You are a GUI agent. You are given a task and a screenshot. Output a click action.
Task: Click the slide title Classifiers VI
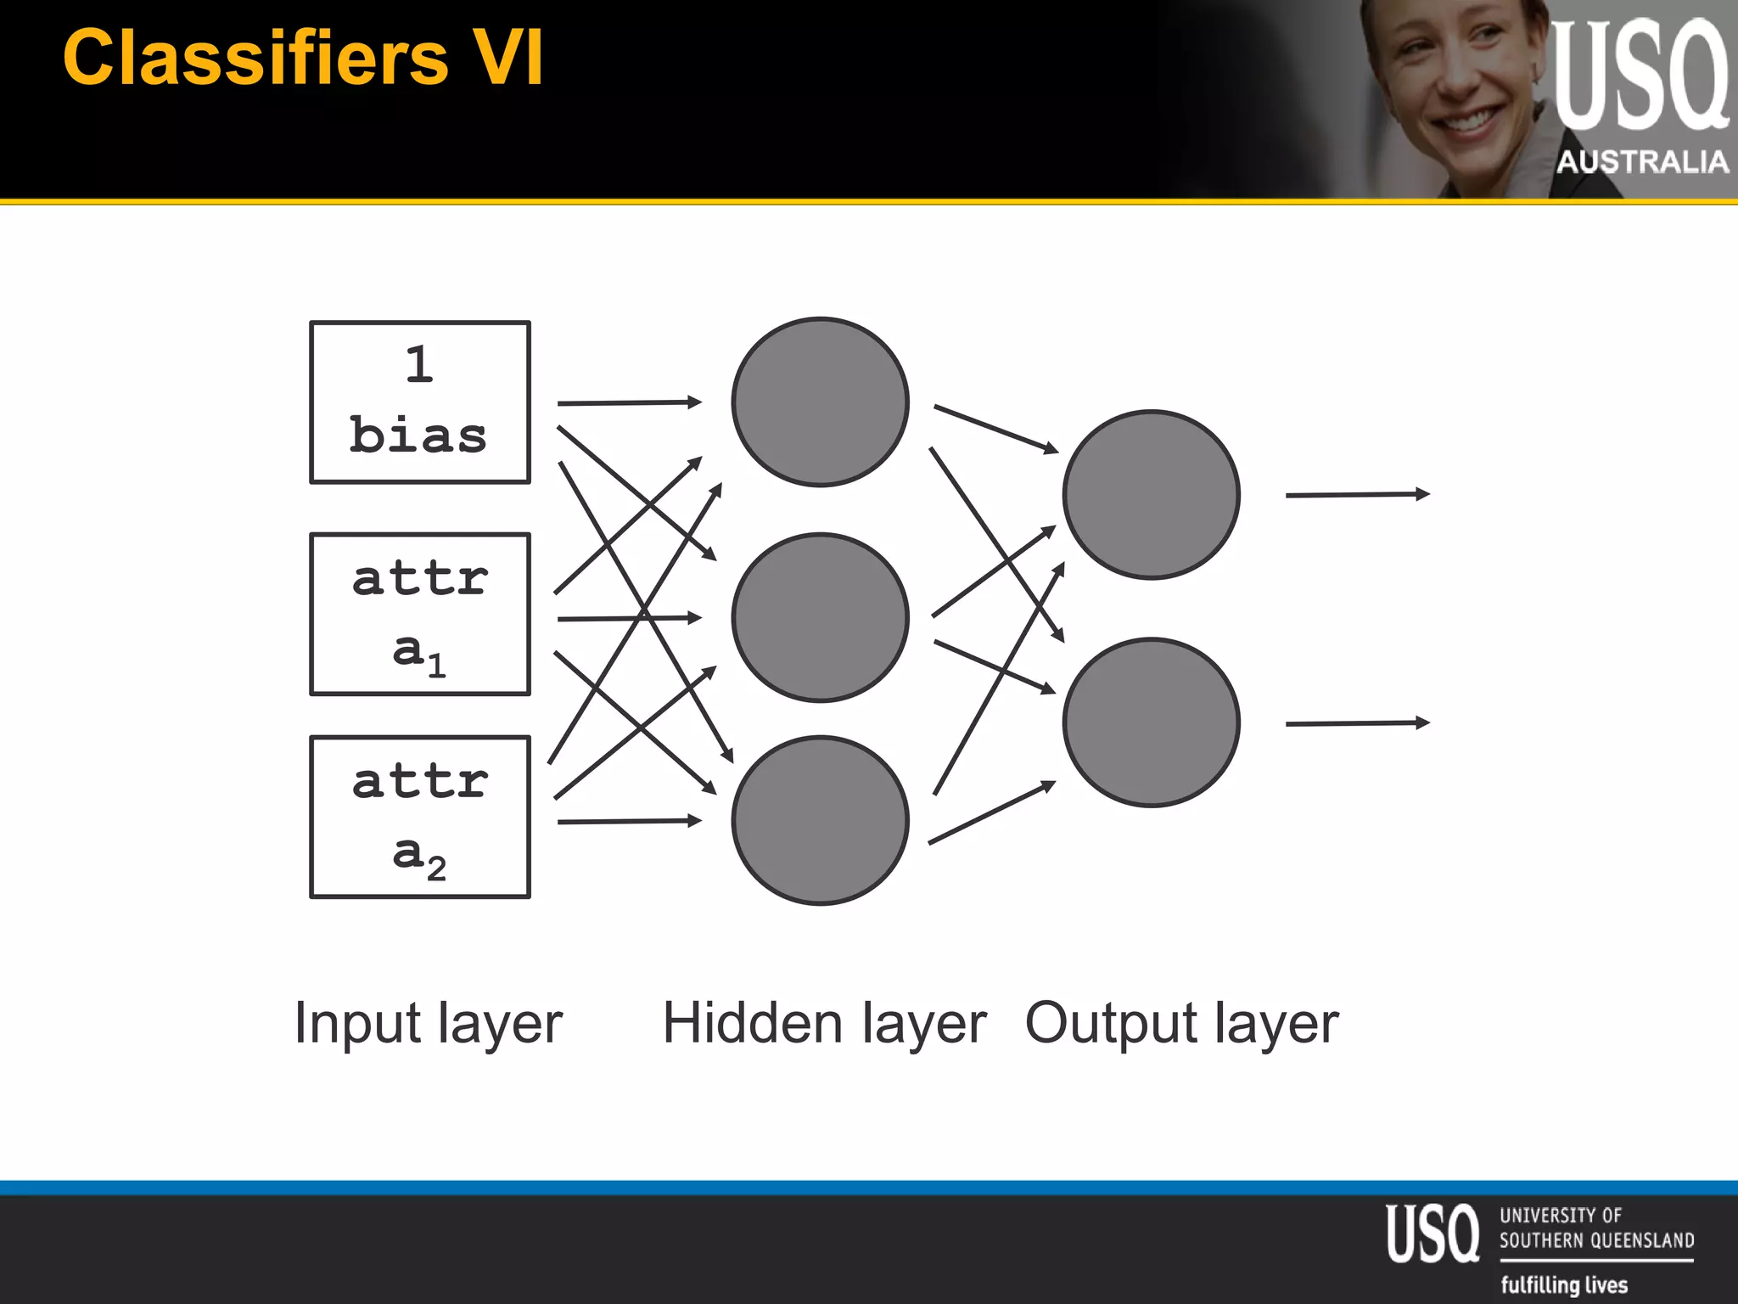click(x=303, y=58)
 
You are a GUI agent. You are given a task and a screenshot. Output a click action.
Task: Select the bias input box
click(x=420, y=402)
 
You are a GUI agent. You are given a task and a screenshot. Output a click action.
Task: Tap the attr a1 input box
click(x=420, y=615)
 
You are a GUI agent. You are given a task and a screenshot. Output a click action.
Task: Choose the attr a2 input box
click(x=420, y=817)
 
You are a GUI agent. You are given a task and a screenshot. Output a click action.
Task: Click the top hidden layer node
click(x=820, y=402)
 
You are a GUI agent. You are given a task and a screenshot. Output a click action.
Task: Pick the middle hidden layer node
click(x=820, y=617)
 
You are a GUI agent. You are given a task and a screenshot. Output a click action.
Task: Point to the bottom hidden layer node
click(x=820, y=820)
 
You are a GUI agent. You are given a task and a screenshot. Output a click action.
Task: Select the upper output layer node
click(x=1152, y=495)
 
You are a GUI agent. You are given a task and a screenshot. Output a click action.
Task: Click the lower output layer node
click(x=1152, y=722)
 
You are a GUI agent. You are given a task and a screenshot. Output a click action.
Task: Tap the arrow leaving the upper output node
click(x=1357, y=494)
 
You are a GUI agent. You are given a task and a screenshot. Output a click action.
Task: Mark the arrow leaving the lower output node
click(x=1357, y=723)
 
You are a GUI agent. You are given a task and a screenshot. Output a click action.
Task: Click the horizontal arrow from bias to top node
click(x=629, y=402)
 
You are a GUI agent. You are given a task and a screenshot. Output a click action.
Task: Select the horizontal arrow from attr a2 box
click(x=629, y=821)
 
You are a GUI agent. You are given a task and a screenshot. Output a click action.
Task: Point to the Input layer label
click(x=429, y=1024)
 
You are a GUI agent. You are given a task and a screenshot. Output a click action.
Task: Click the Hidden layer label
click(x=824, y=1023)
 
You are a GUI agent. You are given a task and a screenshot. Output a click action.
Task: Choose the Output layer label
click(x=1181, y=1024)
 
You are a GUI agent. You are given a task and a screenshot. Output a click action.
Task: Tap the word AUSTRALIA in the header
click(x=1642, y=161)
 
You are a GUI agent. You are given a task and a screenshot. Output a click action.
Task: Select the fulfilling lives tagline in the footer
click(x=1564, y=1284)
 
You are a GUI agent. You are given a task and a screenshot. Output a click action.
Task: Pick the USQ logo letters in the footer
click(x=1432, y=1234)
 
